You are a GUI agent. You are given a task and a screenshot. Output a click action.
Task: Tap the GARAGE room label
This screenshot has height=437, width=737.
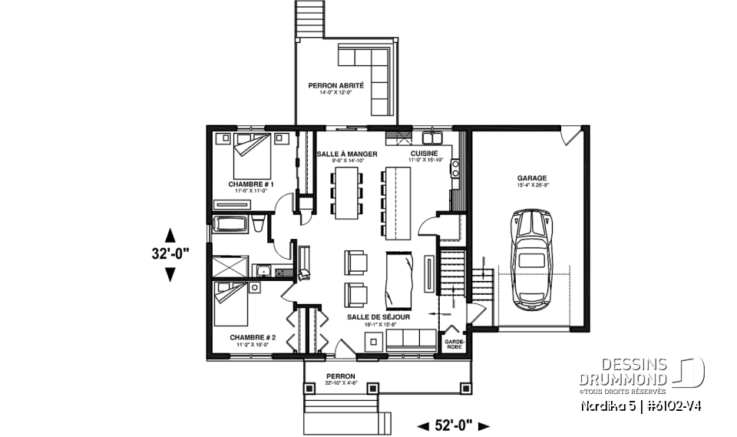tap(531, 177)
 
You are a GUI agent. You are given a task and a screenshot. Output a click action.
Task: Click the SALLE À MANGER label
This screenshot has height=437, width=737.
tap(347, 154)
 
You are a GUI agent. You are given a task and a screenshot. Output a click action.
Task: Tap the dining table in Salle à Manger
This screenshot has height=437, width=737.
tap(346, 191)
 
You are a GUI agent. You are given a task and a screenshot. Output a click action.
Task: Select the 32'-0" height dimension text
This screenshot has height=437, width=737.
tap(170, 253)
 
